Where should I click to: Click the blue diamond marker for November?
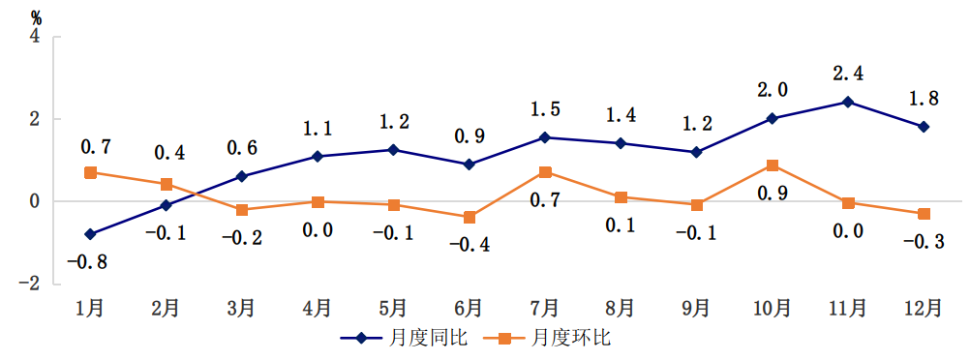coord(847,102)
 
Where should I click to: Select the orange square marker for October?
coord(772,166)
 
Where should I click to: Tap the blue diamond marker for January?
coord(90,234)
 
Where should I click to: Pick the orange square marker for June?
coord(469,217)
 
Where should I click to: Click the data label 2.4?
coord(848,73)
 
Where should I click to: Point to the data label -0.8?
coord(87,262)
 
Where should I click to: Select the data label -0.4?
coord(469,245)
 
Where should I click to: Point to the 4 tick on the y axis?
coord(36,37)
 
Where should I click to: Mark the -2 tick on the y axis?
coord(32,284)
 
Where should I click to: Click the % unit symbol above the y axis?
coord(37,16)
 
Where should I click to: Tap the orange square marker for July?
coord(545,172)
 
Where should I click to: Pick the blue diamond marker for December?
coord(924,127)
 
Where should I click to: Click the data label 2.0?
coord(772,89)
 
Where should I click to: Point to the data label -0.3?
coord(923,241)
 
